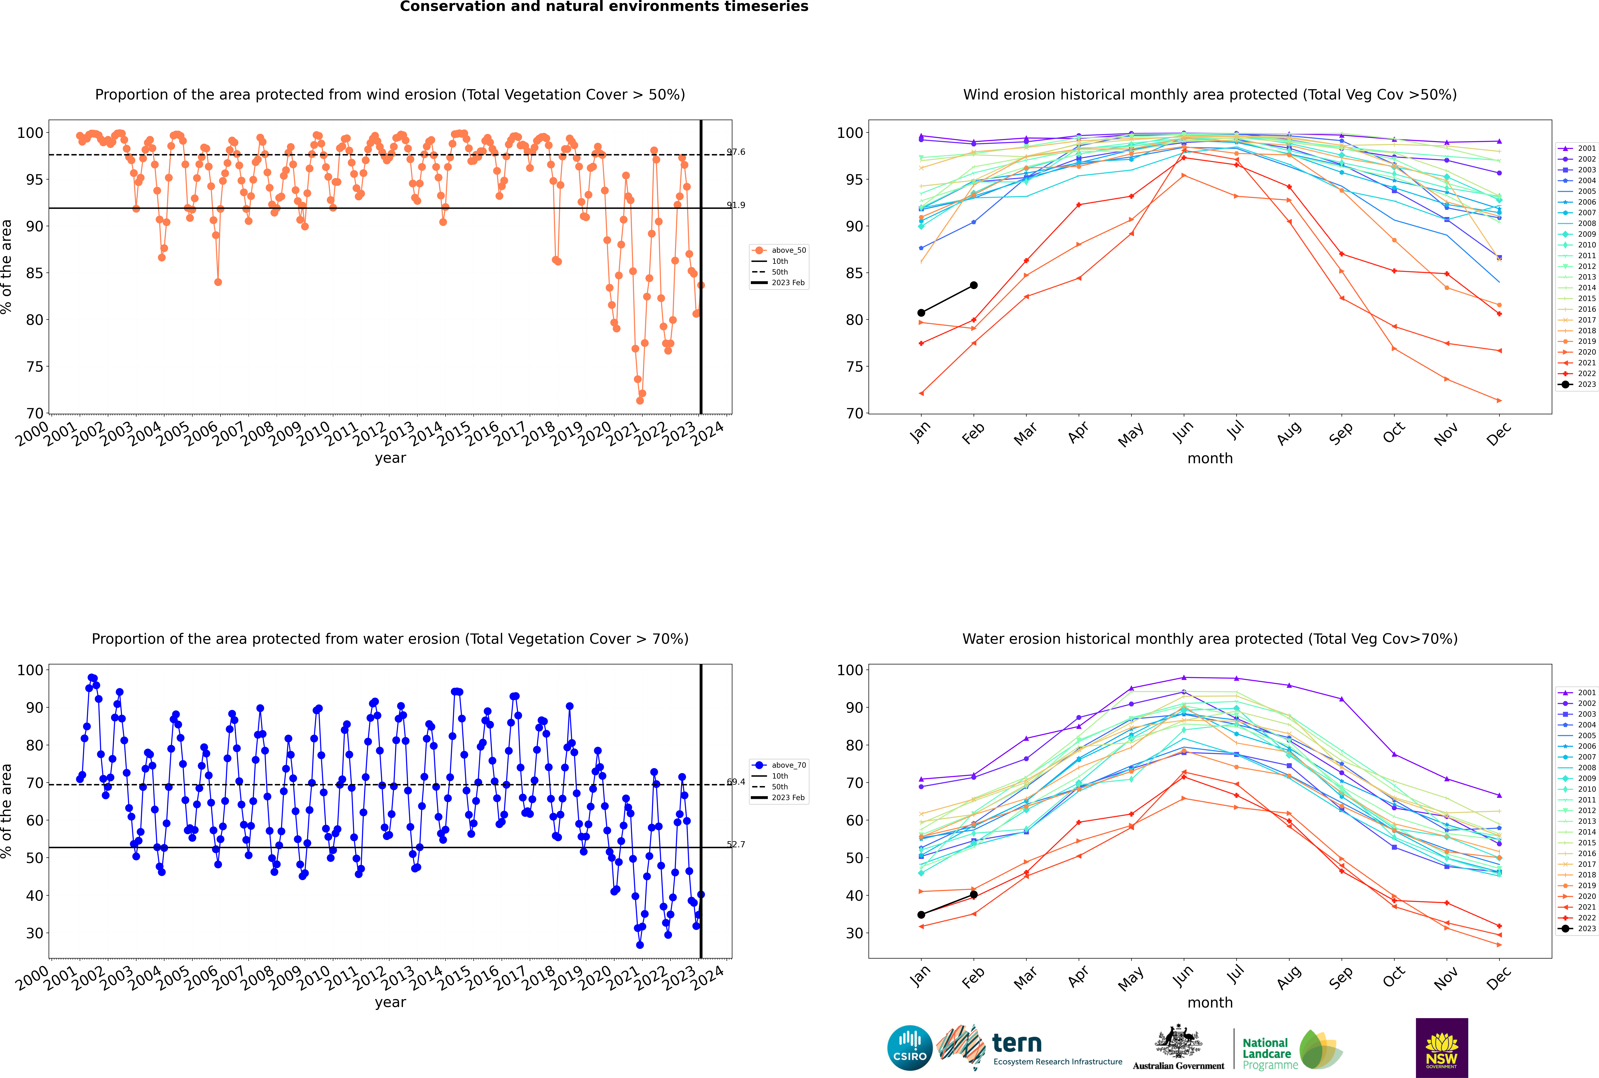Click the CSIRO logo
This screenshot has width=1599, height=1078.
(909, 1048)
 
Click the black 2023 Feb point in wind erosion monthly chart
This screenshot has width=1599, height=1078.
(973, 285)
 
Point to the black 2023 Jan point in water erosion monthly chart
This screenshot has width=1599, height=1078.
(921, 914)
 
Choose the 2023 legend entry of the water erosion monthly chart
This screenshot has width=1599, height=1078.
(1576, 929)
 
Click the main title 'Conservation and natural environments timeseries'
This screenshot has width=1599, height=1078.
(604, 7)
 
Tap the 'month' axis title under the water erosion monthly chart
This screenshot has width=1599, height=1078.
(1210, 1002)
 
